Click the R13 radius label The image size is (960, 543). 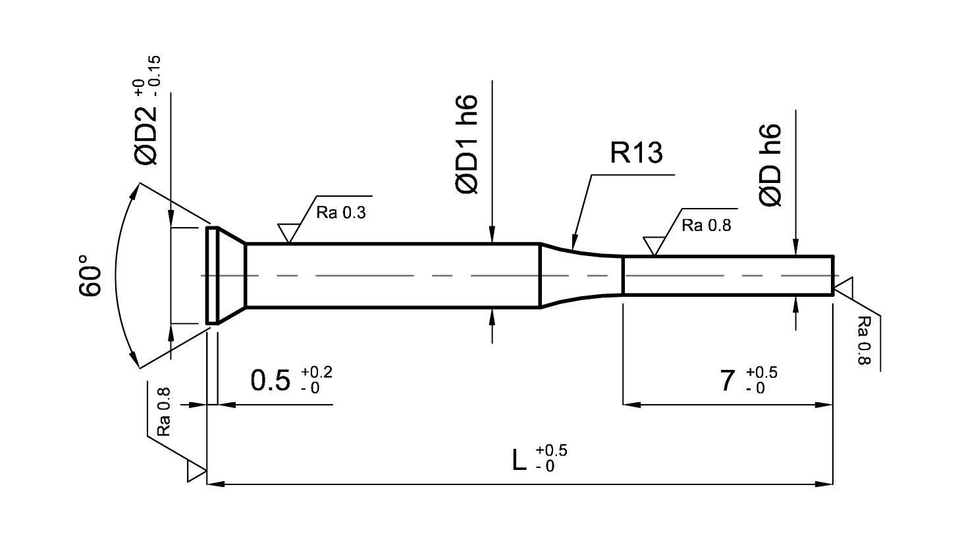click(x=636, y=153)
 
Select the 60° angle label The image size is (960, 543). click(x=90, y=275)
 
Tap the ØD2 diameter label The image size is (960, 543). click(x=146, y=136)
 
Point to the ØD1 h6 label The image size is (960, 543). click(x=466, y=144)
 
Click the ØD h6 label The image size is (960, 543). click(x=770, y=165)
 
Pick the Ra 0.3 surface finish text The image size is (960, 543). click(x=341, y=213)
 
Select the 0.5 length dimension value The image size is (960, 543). click(x=271, y=380)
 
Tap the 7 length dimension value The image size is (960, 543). click(x=728, y=380)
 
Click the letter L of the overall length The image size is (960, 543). click(x=519, y=460)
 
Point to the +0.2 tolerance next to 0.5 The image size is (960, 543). click(x=317, y=372)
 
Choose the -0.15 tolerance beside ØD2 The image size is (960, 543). click(x=155, y=76)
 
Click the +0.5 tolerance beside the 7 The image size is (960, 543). click(x=762, y=373)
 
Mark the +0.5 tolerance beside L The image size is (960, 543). click(x=552, y=450)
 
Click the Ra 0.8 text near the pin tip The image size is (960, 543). click(x=864, y=340)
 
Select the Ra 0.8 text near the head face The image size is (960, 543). click(x=164, y=412)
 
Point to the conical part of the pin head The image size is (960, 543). click(x=232, y=276)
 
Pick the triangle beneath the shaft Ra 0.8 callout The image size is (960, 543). click(x=654, y=246)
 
